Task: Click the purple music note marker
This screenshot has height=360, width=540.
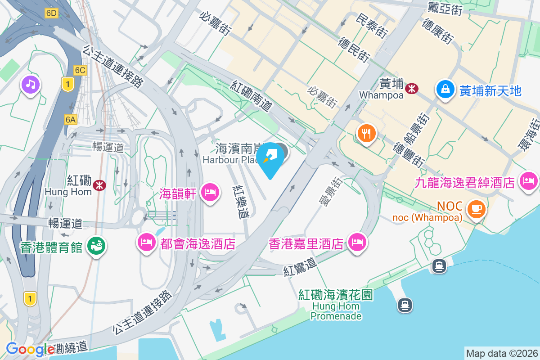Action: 30,84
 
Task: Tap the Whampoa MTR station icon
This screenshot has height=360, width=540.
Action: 411,89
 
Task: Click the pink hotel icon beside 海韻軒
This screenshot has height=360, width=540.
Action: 210,193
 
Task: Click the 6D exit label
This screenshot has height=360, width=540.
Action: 51,13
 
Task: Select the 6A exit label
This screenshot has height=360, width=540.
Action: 71,119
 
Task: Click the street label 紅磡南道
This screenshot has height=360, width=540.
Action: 252,96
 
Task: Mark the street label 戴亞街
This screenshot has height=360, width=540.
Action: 446,9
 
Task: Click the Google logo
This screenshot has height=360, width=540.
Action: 30,349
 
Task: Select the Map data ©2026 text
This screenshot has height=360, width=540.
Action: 501,353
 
